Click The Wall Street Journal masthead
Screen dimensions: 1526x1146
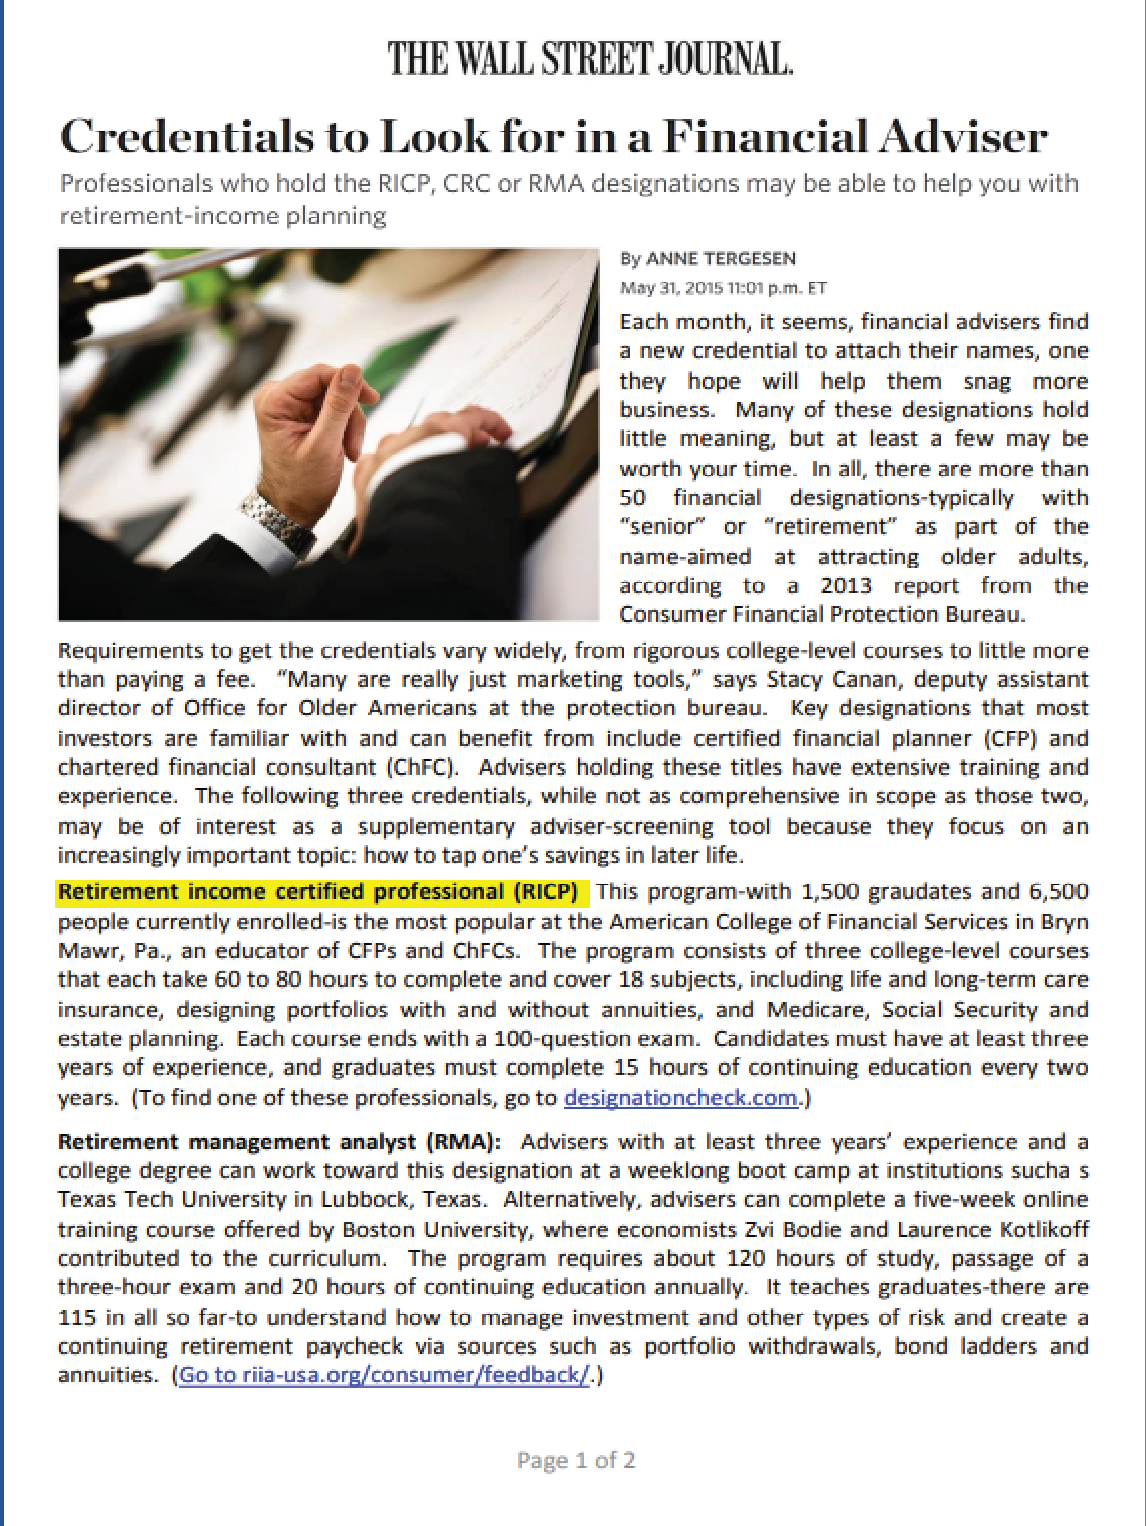pos(590,59)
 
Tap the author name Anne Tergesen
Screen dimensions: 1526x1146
pos(721,259)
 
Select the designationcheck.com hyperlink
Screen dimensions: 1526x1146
pos(681,1098)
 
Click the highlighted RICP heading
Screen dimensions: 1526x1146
pos(318,892)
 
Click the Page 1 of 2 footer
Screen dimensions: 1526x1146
pos(576,1460)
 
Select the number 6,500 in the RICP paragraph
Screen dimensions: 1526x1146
pos(1057,892)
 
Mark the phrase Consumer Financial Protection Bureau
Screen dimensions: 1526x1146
pos(822,614)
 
